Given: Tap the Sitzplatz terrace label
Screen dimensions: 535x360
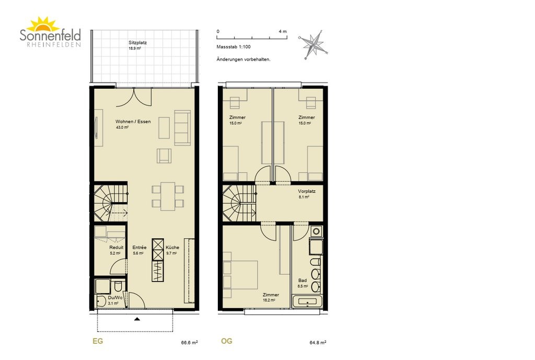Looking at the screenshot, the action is tap(137, 43).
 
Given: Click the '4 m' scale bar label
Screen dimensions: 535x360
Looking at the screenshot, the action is tap(283, 31).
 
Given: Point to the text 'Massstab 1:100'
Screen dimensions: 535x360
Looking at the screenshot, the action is tap(234, 47).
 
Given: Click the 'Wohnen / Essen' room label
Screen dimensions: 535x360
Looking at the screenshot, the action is tap(133, 121).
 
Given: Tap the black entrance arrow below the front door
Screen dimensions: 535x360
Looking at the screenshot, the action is tap(137, 319).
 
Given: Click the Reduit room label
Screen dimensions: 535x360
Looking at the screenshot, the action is tap(117, 247).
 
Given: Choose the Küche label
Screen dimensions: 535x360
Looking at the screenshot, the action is tap(172, 247).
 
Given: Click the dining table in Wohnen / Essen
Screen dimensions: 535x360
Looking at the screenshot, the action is tap(168, 196).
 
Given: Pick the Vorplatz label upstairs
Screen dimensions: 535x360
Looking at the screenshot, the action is tap(307, 191).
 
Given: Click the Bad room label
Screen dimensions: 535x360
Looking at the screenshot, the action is tap(303, 281).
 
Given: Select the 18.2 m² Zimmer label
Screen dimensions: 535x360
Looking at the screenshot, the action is tap(271, 295).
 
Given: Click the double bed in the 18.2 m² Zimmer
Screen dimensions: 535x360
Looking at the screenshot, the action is tap(240, 275).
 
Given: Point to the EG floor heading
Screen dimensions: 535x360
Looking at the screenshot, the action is tap(98, 341).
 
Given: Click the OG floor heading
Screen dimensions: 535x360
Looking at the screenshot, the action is tap(227, 341).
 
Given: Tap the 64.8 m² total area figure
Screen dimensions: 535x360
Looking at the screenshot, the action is tap(318, 343).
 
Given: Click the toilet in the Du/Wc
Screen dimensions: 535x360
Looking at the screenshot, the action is tap(118, 286).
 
